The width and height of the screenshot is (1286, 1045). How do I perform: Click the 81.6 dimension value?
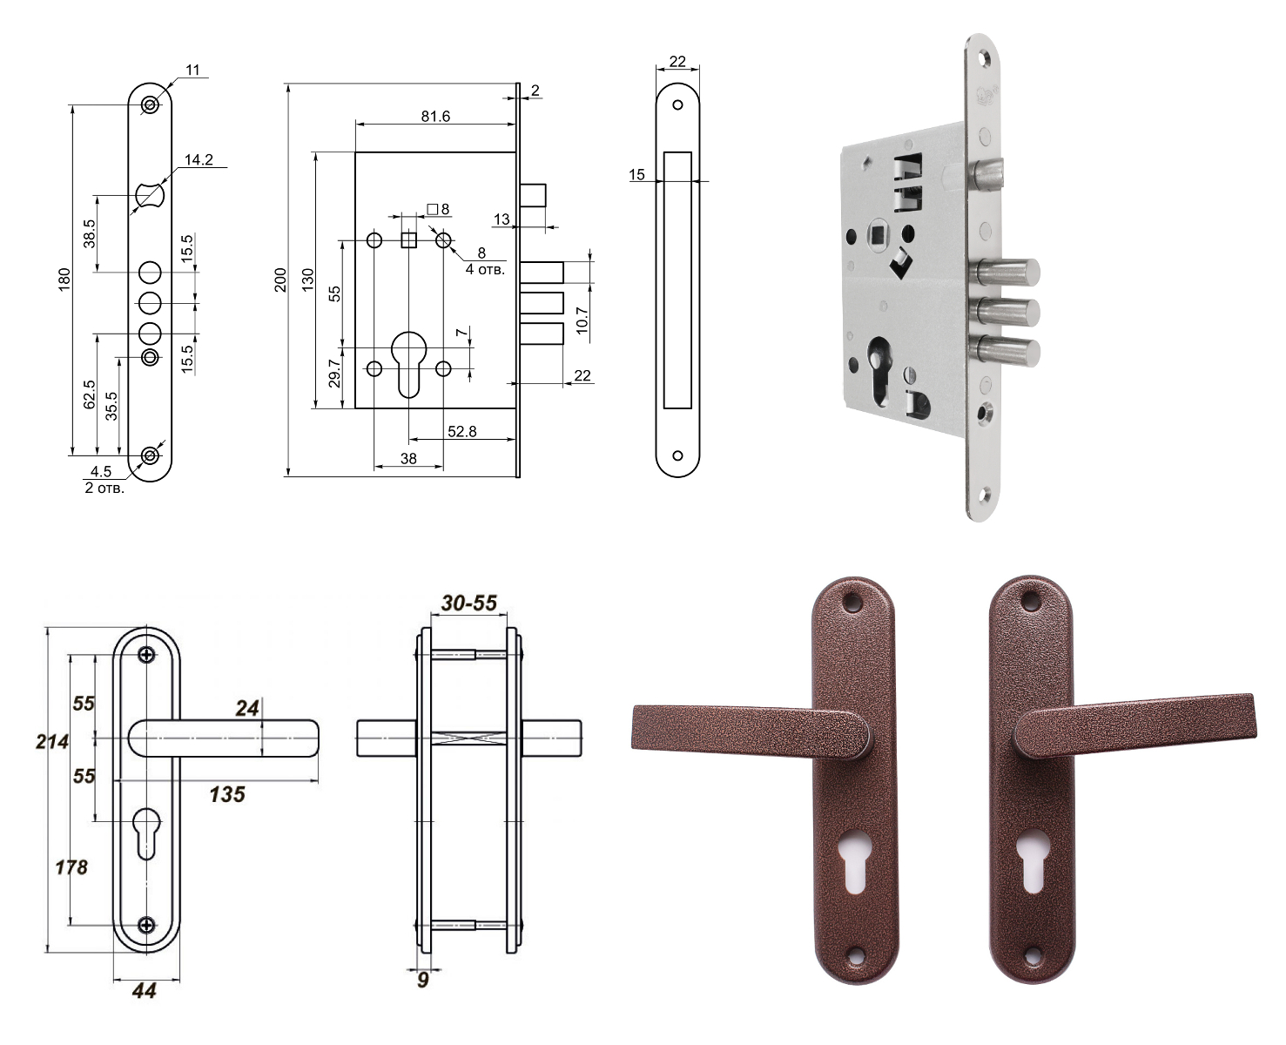[x=434, y=116]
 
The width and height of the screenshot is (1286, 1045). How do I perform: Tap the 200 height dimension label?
[x=280, y=280]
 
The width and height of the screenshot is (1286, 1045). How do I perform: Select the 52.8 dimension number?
[x=461, y=431]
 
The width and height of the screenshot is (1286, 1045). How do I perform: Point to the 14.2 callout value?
[x=199, y=159]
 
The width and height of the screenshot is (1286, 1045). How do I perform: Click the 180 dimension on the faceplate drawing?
[x=64, y=280]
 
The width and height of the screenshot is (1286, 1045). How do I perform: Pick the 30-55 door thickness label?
[x=468, y=603]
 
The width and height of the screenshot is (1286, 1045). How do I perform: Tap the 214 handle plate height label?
[x=52, y=741]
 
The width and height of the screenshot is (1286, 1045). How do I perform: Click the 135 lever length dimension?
[x=227, y=794]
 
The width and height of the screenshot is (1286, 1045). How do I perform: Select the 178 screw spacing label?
[x=71, y=867]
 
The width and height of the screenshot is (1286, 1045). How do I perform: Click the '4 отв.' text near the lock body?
[x=485, y=269]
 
